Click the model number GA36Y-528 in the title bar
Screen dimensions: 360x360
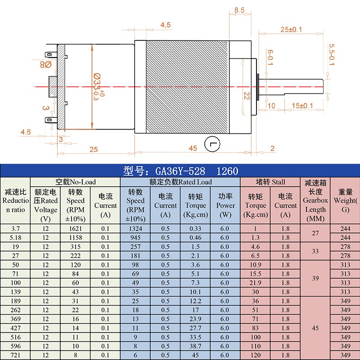pyautogui.click(x=180, y=171)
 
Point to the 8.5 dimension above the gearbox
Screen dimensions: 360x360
pyautogui.click(x=239, y=10)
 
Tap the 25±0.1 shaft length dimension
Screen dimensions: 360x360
pyautogui.click(x=291, y=30)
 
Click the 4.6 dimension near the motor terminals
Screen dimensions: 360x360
pyautogui.click(x=26, y=132)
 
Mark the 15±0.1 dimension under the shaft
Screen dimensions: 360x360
pyautogui.click(x=302, y=106)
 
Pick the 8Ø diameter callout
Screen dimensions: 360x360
pyautogui.click(x=46, y=65)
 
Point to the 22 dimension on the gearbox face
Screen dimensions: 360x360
pyautogui.click(x=246, y=95)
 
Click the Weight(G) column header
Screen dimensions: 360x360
pyautogui.click(x=345, y=201)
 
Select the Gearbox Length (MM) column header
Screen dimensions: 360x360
pyautogui.click(x=315, y=201)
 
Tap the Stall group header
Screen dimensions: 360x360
pyautogui.click(x=270, y=182)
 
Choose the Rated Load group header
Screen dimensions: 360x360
pyautogui.click(x=180, y=182)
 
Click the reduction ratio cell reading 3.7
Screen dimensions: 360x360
pyautogui.click(x=15, y=229)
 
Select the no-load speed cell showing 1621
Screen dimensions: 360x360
pyautogui.click(x=76, y=229)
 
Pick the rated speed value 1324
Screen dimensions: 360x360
pyautogui.click(x=135, y=229)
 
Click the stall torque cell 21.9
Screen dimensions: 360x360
pyautogui.click(x=256, y=283)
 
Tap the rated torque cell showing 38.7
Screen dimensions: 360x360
pyautogui.click(x=195, y=346)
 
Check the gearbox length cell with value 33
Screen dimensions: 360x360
pyautogui.click(x=315, y=251)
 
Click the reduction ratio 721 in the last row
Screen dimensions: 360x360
pyautogui.click(x=15, y=355)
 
